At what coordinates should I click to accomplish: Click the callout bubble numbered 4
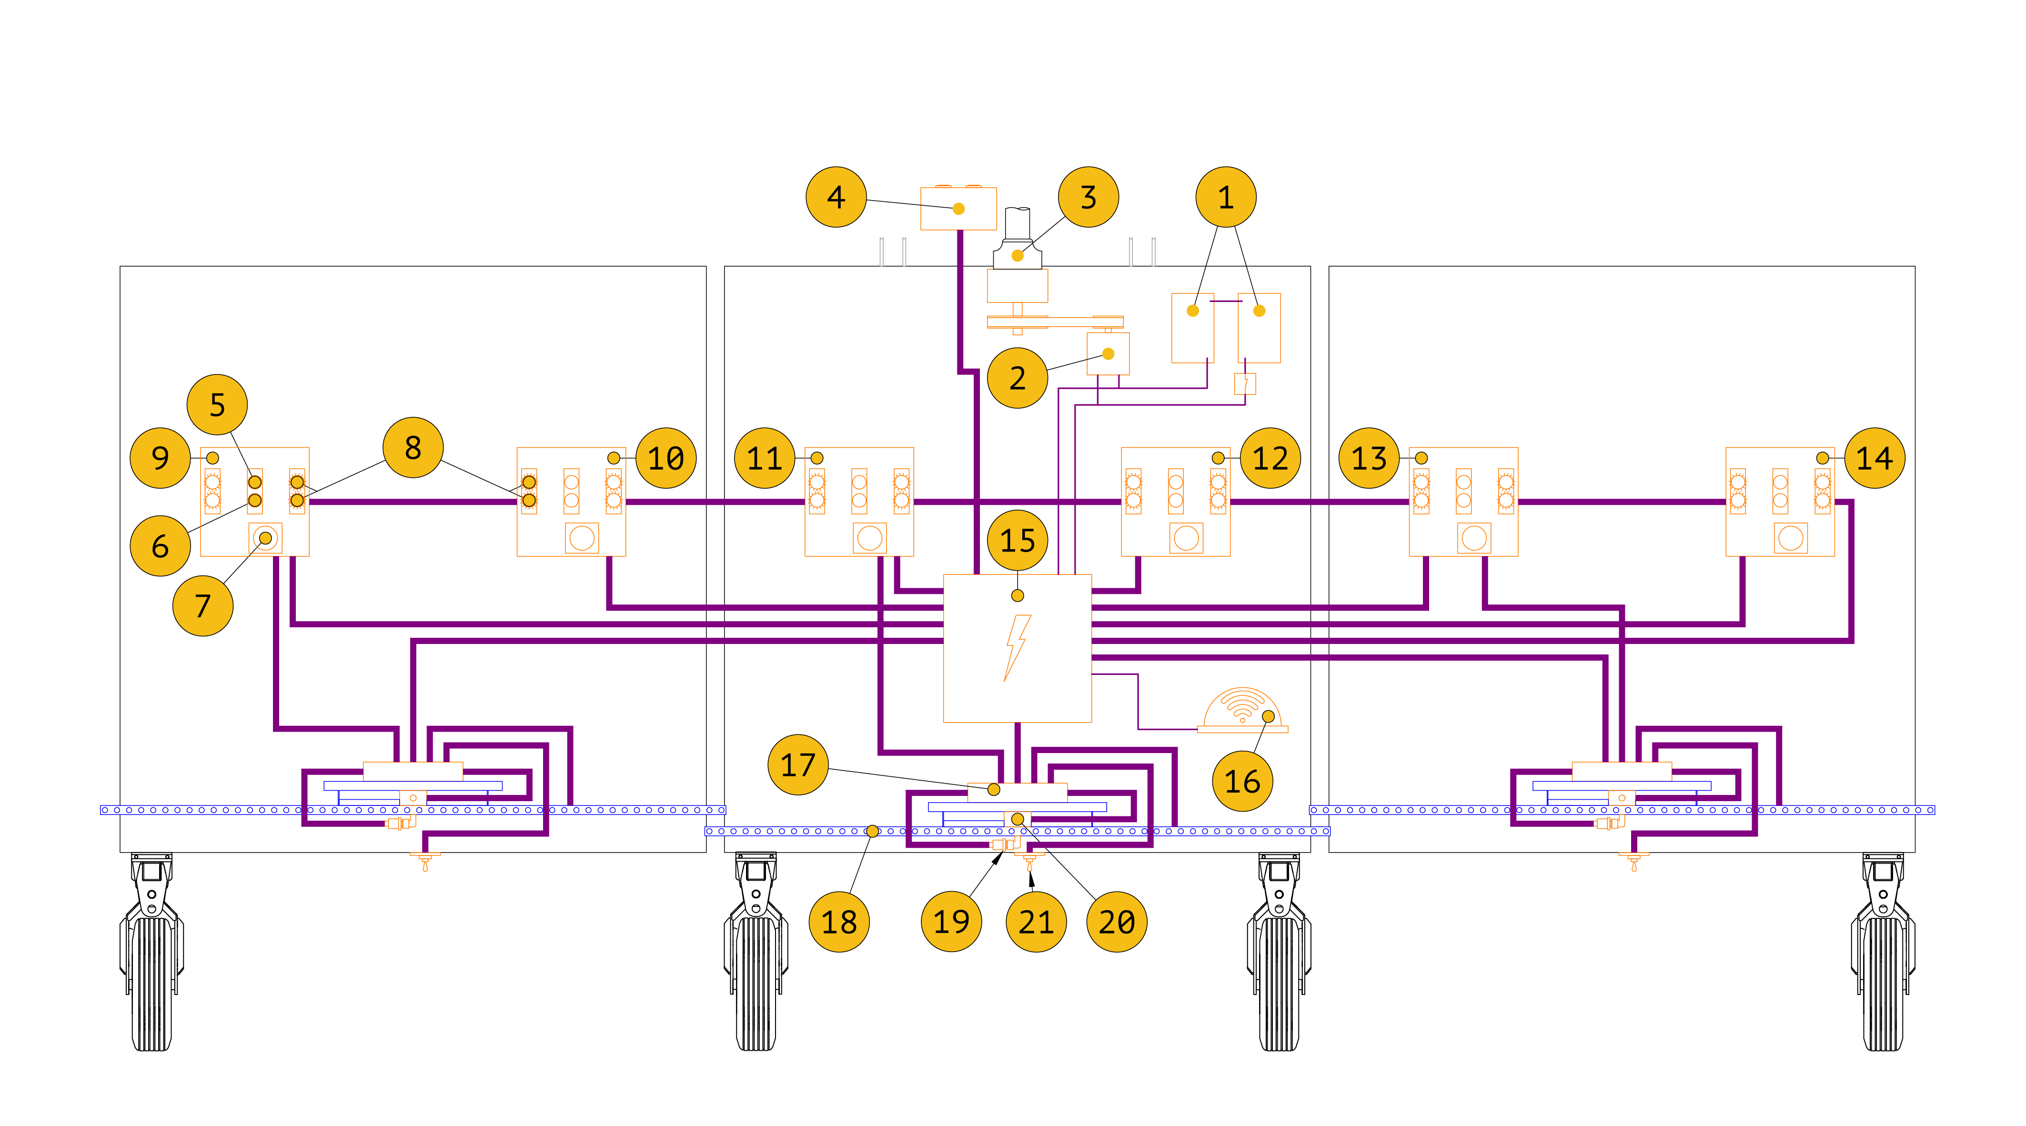(836, 197)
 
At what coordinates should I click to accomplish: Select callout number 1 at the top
(1225, 197)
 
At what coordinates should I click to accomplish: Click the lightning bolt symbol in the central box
(1017, 647)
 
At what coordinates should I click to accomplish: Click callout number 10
(665, 458)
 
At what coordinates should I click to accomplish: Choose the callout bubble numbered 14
(1874, 458)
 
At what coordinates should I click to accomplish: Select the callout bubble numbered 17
(797, 764)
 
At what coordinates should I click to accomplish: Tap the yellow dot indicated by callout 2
(1108, 354)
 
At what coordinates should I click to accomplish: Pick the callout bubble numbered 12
(1270, 458)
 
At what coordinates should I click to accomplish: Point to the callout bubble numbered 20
(1116, 922)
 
